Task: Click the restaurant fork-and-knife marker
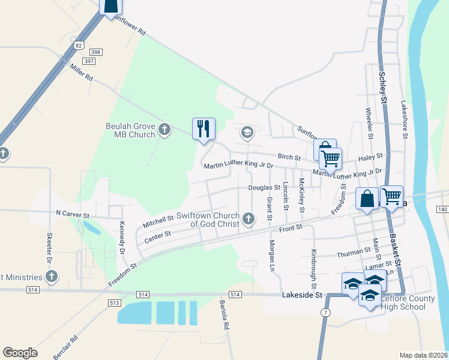point(203,128)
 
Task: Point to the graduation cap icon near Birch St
point(247,132)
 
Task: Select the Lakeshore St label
point(404,120)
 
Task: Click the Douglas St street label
point(265,188)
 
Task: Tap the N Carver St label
point(72,214)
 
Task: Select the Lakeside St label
point(303,295)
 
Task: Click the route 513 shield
point(113,303)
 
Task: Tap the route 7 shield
point(325,314)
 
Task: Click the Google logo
point(20,353)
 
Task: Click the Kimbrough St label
point(313,265)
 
